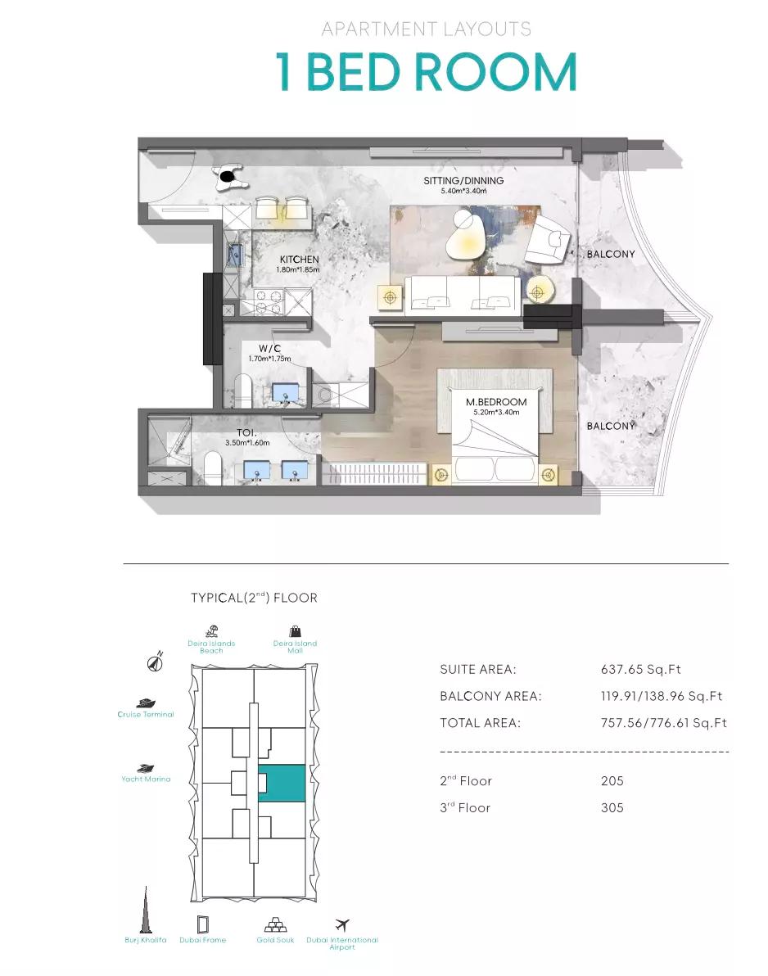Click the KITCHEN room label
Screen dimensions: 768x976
click(x=299, y=259)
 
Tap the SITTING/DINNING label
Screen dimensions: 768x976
click(x=463, y=180)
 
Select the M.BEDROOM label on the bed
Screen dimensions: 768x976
click(x=496, y=402)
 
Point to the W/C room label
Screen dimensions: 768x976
click(x=269, y=349)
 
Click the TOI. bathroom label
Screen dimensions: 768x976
click(x=246, y=432)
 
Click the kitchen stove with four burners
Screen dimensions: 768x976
click(x=269, y=302)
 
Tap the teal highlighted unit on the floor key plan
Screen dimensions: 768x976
click(x=282, y=783)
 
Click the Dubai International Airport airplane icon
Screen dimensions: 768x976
click(x=341, y=925)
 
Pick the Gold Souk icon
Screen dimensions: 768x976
click(x=275, y=924)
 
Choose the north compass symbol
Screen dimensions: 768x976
click(x=155, y=662)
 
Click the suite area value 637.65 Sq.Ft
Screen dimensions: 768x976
click(x=640, y=669)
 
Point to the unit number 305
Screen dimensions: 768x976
click(x=612, y=807)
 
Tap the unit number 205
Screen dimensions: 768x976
click(x=612, y=780)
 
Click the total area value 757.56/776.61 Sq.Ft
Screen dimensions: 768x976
click(x=663, y=723)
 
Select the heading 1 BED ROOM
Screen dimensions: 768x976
click(x=427, y=71)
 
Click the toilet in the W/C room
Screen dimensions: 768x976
click(x=242, y=391)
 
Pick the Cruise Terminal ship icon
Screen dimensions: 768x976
click(x=145, y=703)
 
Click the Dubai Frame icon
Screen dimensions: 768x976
click(x=202, y=924)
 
